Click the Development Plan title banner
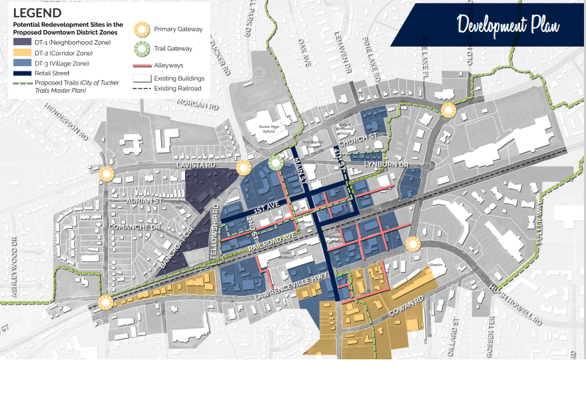pyautogui.click(x=507, y=25)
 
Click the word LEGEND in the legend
pyautogui.click(x=38, y=12)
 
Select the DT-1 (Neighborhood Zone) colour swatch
pyautogui.click(x=21, y=42)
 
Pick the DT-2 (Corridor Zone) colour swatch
pyautogui.click(x=21, y=53)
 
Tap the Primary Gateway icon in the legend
pyautogui.click(x=141, y=29)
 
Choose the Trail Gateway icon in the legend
pyautogui.click(x=141, y=49)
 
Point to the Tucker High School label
pyautogui.click(x=259, y=128)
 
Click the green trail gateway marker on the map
pyautogui.click(x=276, y=162)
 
